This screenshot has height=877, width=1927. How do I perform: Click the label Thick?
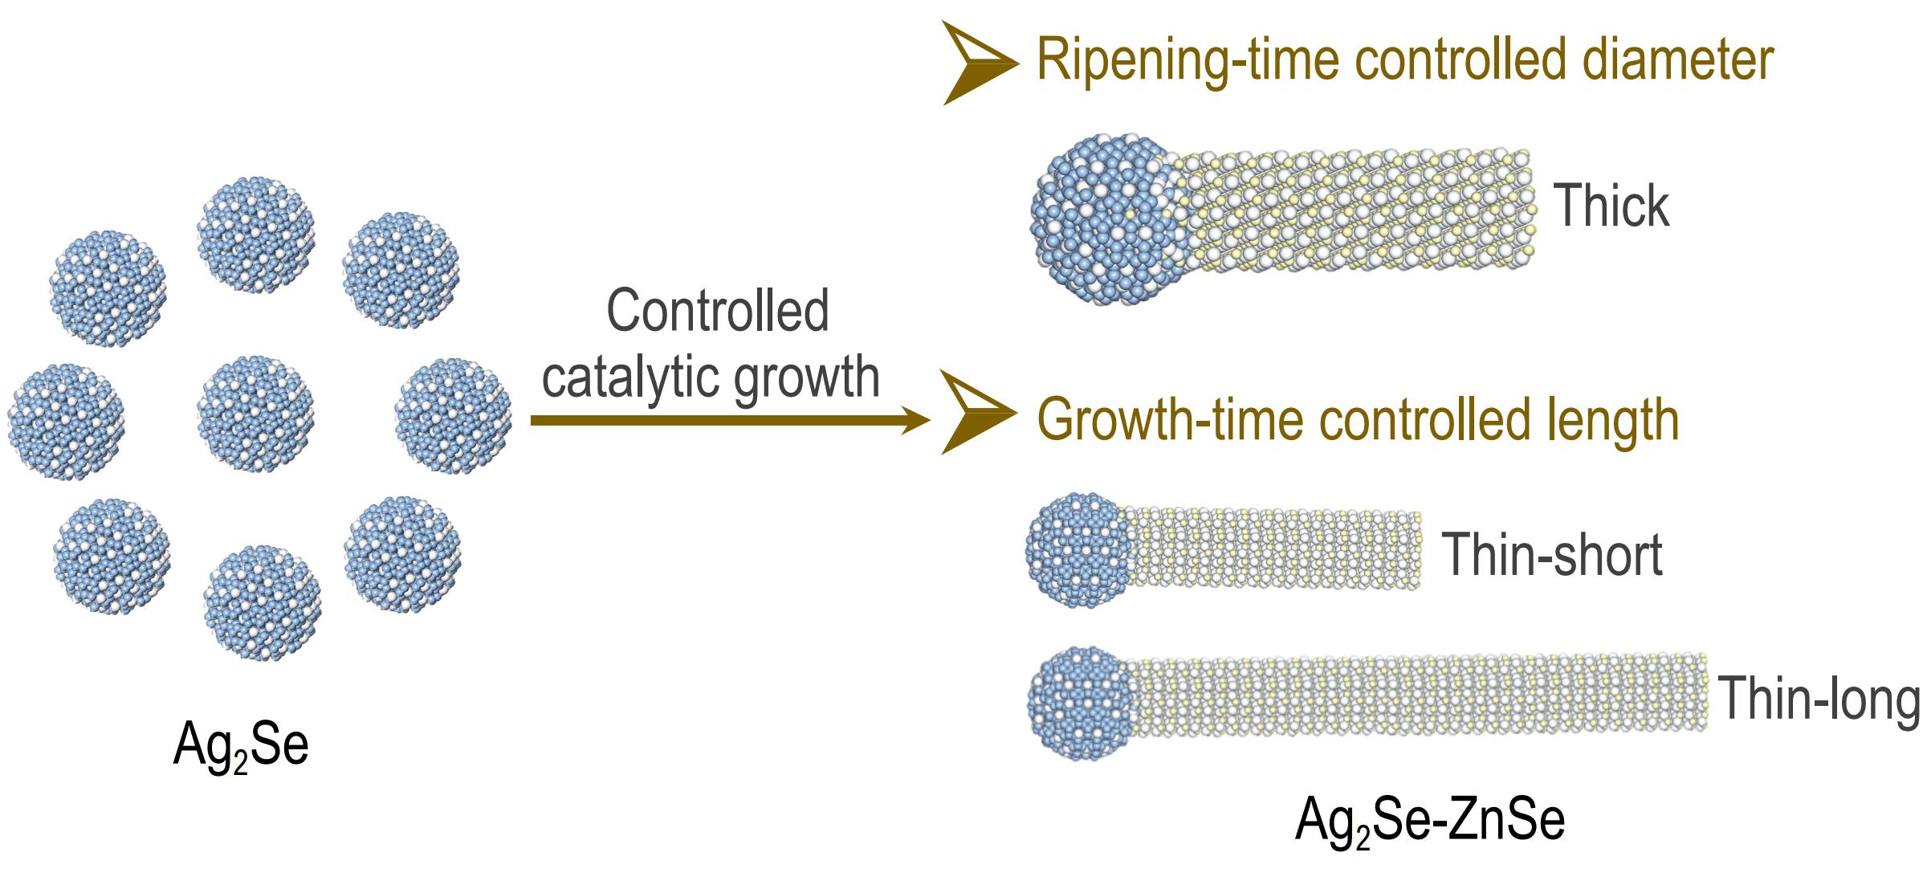(1612, 206)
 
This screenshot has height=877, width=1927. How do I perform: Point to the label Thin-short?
(1552, 554)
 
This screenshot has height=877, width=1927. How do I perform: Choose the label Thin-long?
(1819, 699)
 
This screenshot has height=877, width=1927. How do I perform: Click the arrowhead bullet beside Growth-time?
(976, 412)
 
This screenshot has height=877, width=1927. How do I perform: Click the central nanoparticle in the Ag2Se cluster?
(255, 414)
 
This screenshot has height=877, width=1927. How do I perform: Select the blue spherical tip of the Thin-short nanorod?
(1078, 550)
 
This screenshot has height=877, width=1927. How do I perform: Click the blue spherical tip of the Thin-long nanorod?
(1081, 704)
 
